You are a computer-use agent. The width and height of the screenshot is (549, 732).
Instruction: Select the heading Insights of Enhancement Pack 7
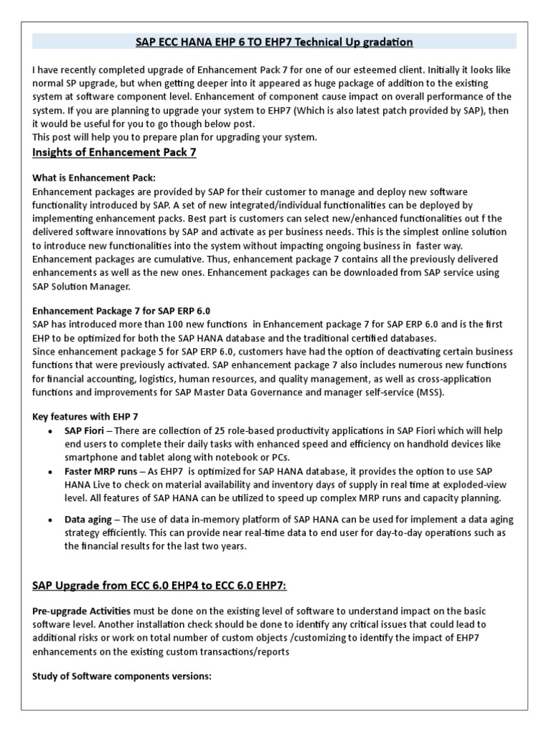click(114, 152)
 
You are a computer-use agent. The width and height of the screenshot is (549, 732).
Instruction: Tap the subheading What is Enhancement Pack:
click(94, 177)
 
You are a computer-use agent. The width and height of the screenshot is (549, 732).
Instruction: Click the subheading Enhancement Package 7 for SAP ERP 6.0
click(122, 311)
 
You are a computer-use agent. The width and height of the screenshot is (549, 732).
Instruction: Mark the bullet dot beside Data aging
click(49, 520)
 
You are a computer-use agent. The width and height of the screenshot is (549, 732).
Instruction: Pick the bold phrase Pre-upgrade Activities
click(81, 613)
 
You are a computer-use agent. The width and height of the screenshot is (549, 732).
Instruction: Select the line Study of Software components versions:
click(122, 676)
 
